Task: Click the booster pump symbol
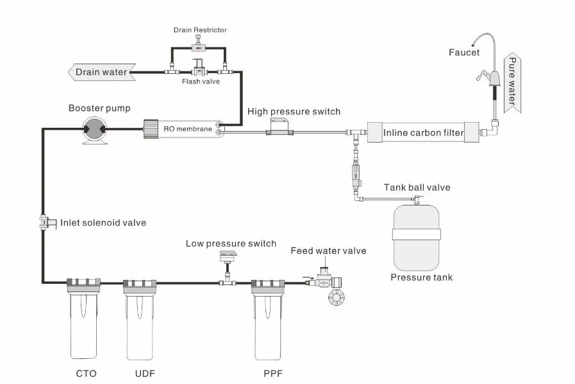(x=95, y=128)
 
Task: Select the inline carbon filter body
(x=423, y=134)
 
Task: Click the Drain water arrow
(x=102, y=72)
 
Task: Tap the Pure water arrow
(x=512, y=83)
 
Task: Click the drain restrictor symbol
(x=199, y=47)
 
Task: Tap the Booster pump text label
(x=99, y=108)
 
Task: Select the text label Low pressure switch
(x=231, y=243)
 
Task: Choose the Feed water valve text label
(x=328, y=250)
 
